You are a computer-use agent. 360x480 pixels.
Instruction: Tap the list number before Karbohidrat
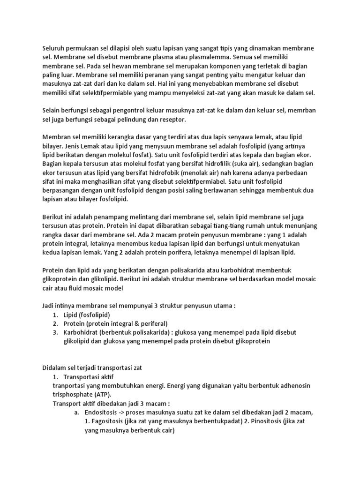[55, 332]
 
